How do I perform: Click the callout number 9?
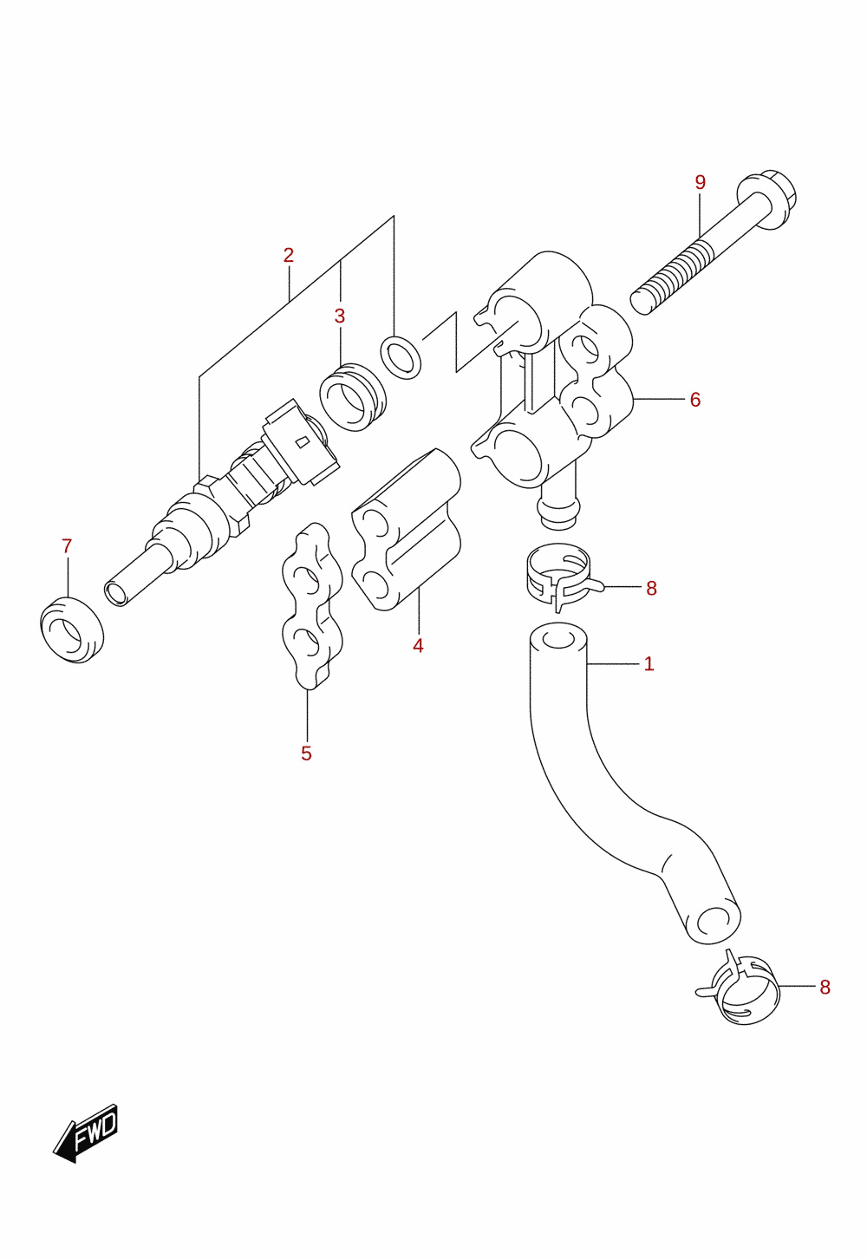pos(700,182)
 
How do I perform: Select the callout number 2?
pos(288,256)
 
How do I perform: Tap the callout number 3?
pos(339,316)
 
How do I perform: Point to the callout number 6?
pos(695,400)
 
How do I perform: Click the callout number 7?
pos(67,545)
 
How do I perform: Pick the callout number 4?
pos(418,646)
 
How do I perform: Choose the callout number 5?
pos(306,753)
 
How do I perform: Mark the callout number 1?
pos(649,664)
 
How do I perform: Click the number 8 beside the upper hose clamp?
pos(651,589)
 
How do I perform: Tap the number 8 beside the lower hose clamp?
pos(825,988)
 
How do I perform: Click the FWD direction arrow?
pos(86,1133)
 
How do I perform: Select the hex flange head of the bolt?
pos(767,199)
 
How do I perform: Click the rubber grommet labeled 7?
pos(72,630)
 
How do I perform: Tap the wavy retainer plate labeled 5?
pos(312,606)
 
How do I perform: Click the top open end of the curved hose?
pos(558,636)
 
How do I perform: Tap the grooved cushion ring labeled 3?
pos(353,397)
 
